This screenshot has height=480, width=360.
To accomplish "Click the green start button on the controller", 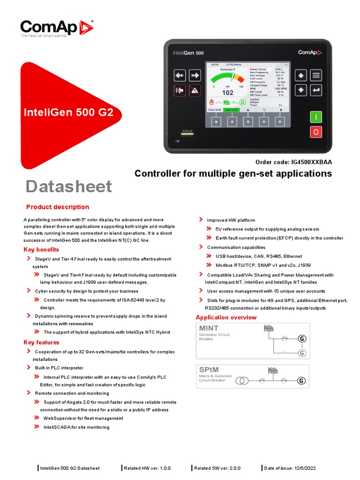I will (316, 116).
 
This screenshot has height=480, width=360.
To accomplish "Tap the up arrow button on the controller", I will (301, 75).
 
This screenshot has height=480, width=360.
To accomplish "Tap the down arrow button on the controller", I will (301, 90).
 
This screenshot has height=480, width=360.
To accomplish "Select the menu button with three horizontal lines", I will (316, 75).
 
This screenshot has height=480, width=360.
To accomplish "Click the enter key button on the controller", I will (316, 90).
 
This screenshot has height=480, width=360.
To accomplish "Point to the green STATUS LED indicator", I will (187, 134).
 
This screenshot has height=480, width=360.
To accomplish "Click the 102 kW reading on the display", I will (227, 93).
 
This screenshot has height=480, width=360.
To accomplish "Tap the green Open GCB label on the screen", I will (231, 110).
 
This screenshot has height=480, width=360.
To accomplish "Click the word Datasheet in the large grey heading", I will (68, 187).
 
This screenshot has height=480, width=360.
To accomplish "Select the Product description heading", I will (58, 207).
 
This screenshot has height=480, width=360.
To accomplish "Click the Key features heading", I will (42, 342).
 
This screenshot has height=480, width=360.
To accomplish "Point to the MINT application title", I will (209, 328).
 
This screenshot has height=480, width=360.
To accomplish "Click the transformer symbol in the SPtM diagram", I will (242, 380).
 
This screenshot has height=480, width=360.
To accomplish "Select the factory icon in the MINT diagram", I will (269, 328).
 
